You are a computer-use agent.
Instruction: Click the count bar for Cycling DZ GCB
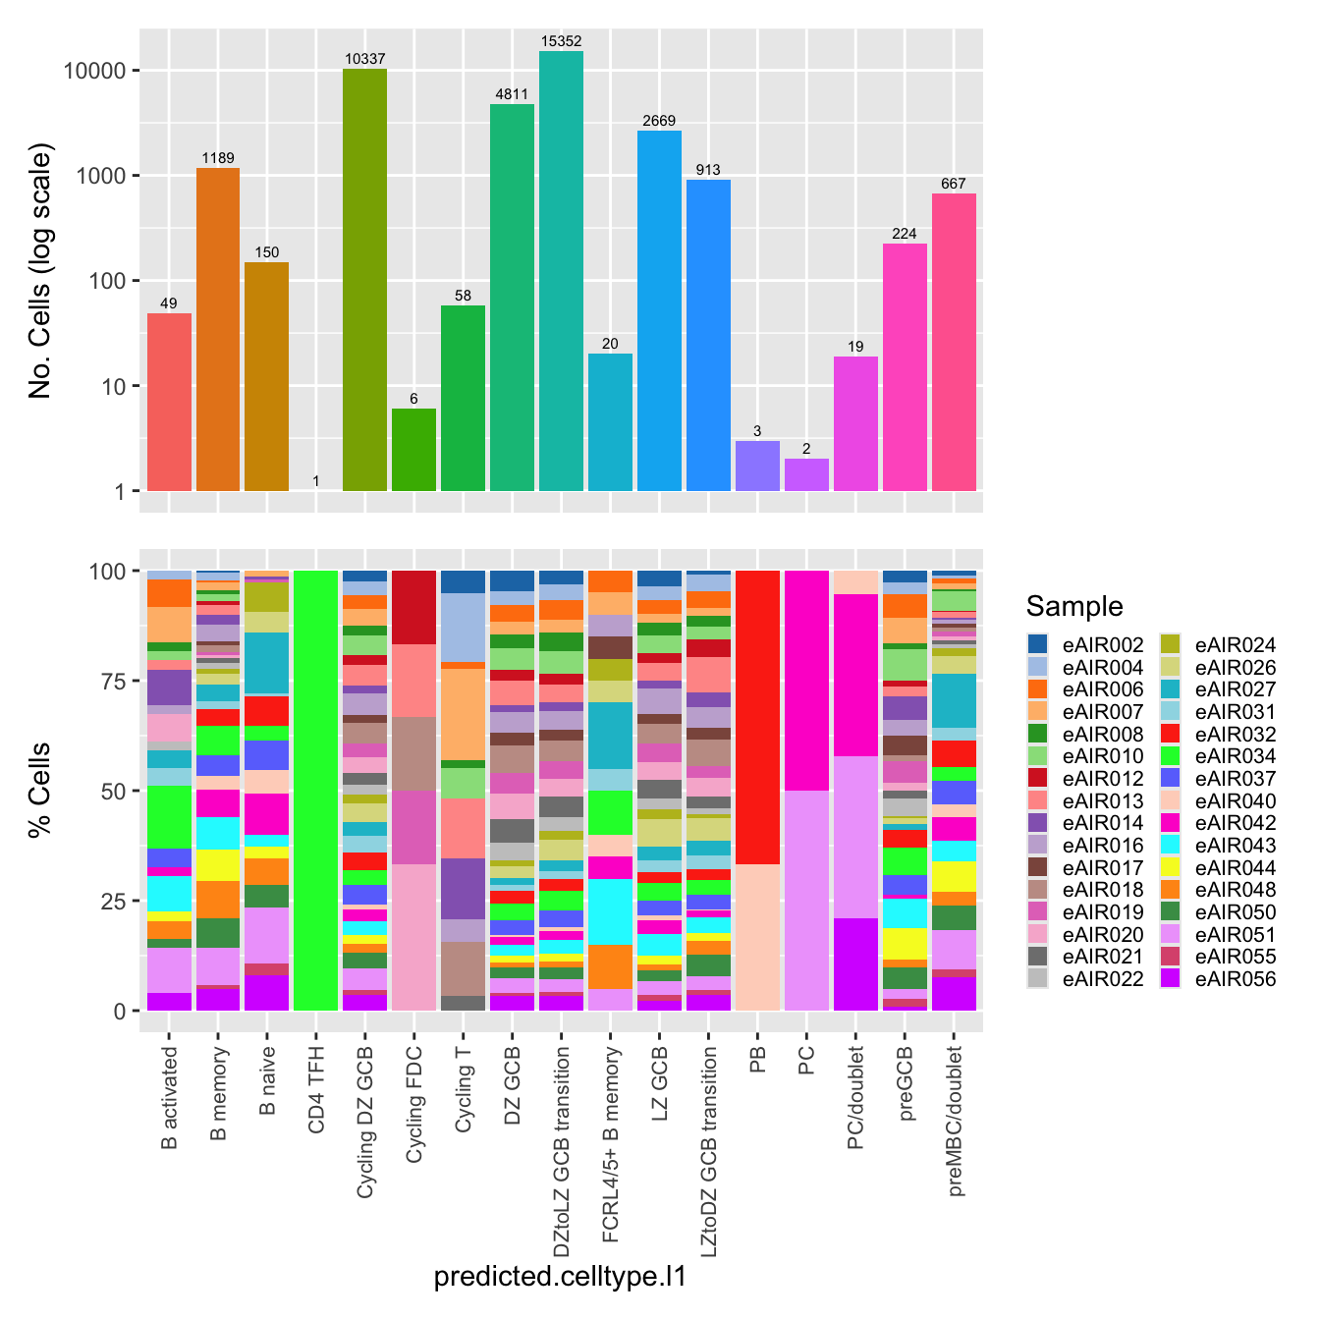pos(364,280)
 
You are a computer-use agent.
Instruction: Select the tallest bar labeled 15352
pos(561,271)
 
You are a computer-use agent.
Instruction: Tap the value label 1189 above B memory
pos(218,158)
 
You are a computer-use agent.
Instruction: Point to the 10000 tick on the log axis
pos(94,71)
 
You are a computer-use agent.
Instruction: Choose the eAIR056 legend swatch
pos(1171,979)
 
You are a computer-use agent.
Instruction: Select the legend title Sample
pos(1073,606)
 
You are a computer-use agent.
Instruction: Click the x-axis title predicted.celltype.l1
pos(560,1277)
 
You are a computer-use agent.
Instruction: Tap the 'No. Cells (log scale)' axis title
pos(40,271)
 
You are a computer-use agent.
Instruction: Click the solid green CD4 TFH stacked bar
pos(315,791)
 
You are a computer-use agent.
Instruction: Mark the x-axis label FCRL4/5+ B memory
pos(611,1145)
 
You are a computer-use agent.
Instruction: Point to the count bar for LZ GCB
pos(659,310)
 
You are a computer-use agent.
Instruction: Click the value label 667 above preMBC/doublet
pos(954,184)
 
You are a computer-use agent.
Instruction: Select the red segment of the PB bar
pos(757,717)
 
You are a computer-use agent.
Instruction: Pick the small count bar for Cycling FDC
pos(413,450)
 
